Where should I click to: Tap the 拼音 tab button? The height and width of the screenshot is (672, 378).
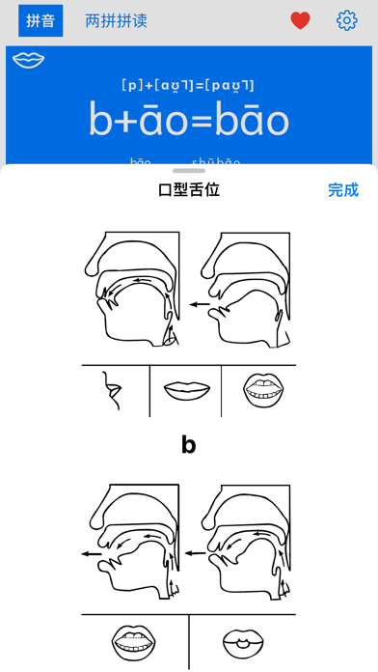[x=40, y=20]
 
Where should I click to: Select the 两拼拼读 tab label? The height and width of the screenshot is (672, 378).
[x=116, y=20]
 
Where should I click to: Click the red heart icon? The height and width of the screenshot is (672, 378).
[x=301, y=20]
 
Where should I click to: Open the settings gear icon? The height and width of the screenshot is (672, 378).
[x=346, y=20]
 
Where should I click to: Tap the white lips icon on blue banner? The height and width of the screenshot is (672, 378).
[x=29, y=61]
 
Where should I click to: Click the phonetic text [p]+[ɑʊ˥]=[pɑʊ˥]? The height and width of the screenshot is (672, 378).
[x=188, y=86]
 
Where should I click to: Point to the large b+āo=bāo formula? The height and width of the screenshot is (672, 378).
[x=188, y=120]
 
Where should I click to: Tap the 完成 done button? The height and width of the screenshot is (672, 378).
[x=342, y=190]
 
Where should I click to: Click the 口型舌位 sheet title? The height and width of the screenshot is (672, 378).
[x=189, y=190]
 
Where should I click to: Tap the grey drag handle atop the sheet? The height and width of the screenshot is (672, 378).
[x=189, y=171]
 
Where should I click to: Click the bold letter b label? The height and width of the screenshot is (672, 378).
[x=189, y=445]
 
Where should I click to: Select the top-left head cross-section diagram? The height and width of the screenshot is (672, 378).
[x=133, y=291]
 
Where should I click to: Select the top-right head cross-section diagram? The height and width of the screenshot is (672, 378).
[x=243, y=291]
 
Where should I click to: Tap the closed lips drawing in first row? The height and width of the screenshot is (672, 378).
[x=186, y=390]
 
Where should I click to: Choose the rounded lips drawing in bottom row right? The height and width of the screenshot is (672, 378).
[x=242, y=641]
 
